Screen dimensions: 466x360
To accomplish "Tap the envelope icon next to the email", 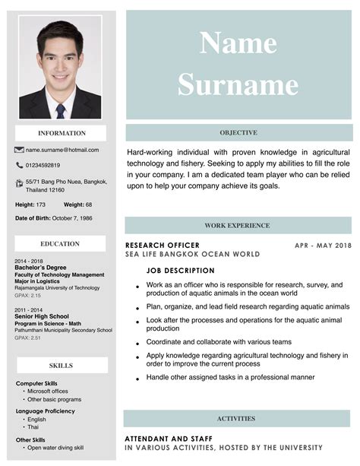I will pyautogui.click(x=20, y=150).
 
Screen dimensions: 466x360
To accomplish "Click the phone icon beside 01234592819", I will pyautogui.click(x=19, y=165).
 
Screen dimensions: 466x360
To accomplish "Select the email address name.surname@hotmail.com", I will pyautogui.click(x=62, y=150).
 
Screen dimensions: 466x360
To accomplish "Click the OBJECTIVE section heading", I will pyautogui.click(x=238, y=133).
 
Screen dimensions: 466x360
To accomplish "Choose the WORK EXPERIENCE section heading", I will pyautogui.click(x=237, y=226).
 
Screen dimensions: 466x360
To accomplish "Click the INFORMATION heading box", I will pyautogui.click(x=62, y=133).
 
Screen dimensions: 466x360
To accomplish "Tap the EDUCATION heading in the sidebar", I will pyautogui.click(x=60, y=244).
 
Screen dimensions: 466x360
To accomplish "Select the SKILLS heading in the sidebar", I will pyautogui.click(x=61, y=366).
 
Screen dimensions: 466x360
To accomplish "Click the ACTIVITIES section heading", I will pyautogui.click(x=236, y=419).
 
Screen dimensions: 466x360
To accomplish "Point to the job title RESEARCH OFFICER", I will pyautogui.click(x=162, y=246).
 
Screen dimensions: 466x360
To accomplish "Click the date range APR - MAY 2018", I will pyautogui.click(x=323, y=246).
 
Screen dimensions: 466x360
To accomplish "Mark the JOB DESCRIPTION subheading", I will pyautogui.click(x=180, y=271).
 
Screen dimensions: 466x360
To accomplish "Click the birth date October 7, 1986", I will pyautogui.click(x=71, y=219).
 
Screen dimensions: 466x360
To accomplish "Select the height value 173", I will pyautogui.click(x=41, y=204).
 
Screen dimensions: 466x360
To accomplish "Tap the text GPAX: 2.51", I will pyautogui.click(x=27, y=338).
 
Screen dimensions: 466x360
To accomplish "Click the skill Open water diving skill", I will pyautogui.click(x=55, y=448).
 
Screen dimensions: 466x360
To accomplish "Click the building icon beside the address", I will pyautogui.click(x=19, y=183).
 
